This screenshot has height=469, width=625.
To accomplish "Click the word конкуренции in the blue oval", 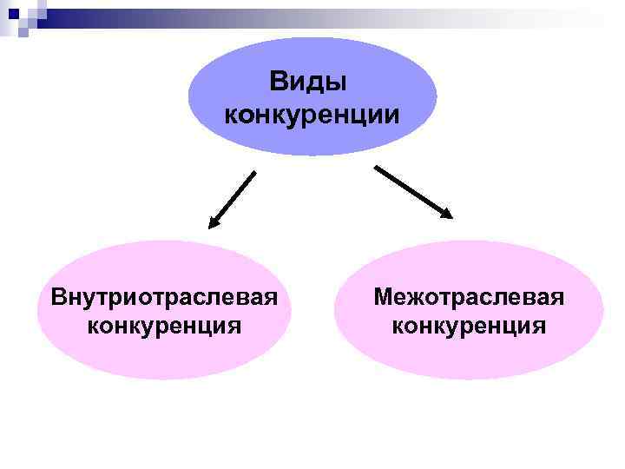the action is click(x=312, y=114).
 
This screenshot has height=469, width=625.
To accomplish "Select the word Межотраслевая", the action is click(x=469, y=297).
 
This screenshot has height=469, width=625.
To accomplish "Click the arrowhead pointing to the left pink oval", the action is click(x=214, y=224).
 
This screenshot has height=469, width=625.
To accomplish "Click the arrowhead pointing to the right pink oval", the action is click(x=448, y=212).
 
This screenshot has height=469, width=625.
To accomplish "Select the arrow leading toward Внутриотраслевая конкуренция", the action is click(x=233, y=200).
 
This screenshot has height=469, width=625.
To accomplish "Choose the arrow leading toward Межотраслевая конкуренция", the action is click(x=412, y=190).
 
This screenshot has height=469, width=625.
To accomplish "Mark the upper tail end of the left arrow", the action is click(x=255, y=172).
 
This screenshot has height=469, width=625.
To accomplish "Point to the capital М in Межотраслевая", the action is click(x=383, y=297).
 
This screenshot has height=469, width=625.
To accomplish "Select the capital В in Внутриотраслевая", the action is click(x=59, y=297).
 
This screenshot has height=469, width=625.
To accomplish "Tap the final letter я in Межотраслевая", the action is click(x=557, y=299).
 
